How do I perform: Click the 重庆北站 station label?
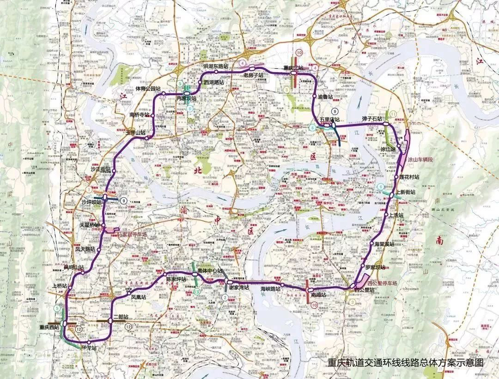[294, 68]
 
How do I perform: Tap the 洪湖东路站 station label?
[216, 67]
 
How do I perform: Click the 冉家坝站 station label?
[186, 98]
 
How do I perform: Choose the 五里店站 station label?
[329, 119]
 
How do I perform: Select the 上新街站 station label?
[405, 192]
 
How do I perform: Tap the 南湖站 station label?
[319, 294]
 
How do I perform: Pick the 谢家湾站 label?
[238, 287]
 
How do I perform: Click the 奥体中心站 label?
[210, 271]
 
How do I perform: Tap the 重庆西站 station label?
[49, 327]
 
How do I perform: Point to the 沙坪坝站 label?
[91, 202]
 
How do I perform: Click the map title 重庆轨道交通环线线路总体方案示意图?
[405, 362]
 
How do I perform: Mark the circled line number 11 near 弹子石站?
[393, 114]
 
